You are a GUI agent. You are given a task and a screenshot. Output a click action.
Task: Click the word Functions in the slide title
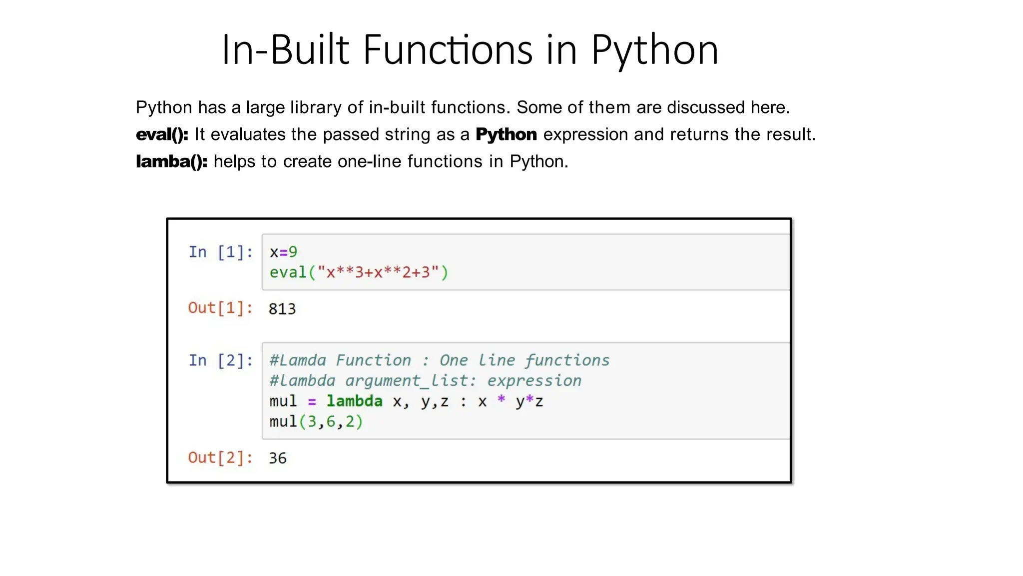point(448,50)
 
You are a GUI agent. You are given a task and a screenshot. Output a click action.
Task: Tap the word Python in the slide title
point(655,51)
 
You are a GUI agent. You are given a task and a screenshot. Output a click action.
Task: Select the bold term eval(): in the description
point(162,134)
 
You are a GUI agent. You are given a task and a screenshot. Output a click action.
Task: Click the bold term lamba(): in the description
point(171,161)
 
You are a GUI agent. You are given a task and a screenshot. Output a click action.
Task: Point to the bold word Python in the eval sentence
point(506,134)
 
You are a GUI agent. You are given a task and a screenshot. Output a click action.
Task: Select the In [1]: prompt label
point(220,252)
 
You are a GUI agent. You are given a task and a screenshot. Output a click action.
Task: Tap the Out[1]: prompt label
point(220,308)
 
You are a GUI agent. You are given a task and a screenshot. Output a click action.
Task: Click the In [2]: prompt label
point(220,360)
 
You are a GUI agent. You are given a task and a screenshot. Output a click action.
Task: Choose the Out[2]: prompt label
point(220,457)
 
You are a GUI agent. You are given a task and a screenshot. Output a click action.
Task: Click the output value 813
point(282,309)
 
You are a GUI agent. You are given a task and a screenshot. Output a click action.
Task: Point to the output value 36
point(278,458)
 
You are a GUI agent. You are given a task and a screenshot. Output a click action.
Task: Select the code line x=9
point(283,252)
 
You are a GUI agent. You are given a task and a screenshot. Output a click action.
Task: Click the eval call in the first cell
point(359,272)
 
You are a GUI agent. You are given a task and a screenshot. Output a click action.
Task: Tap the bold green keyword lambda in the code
point(355,401)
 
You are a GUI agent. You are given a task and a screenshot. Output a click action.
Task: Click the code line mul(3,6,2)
point(316,421)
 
